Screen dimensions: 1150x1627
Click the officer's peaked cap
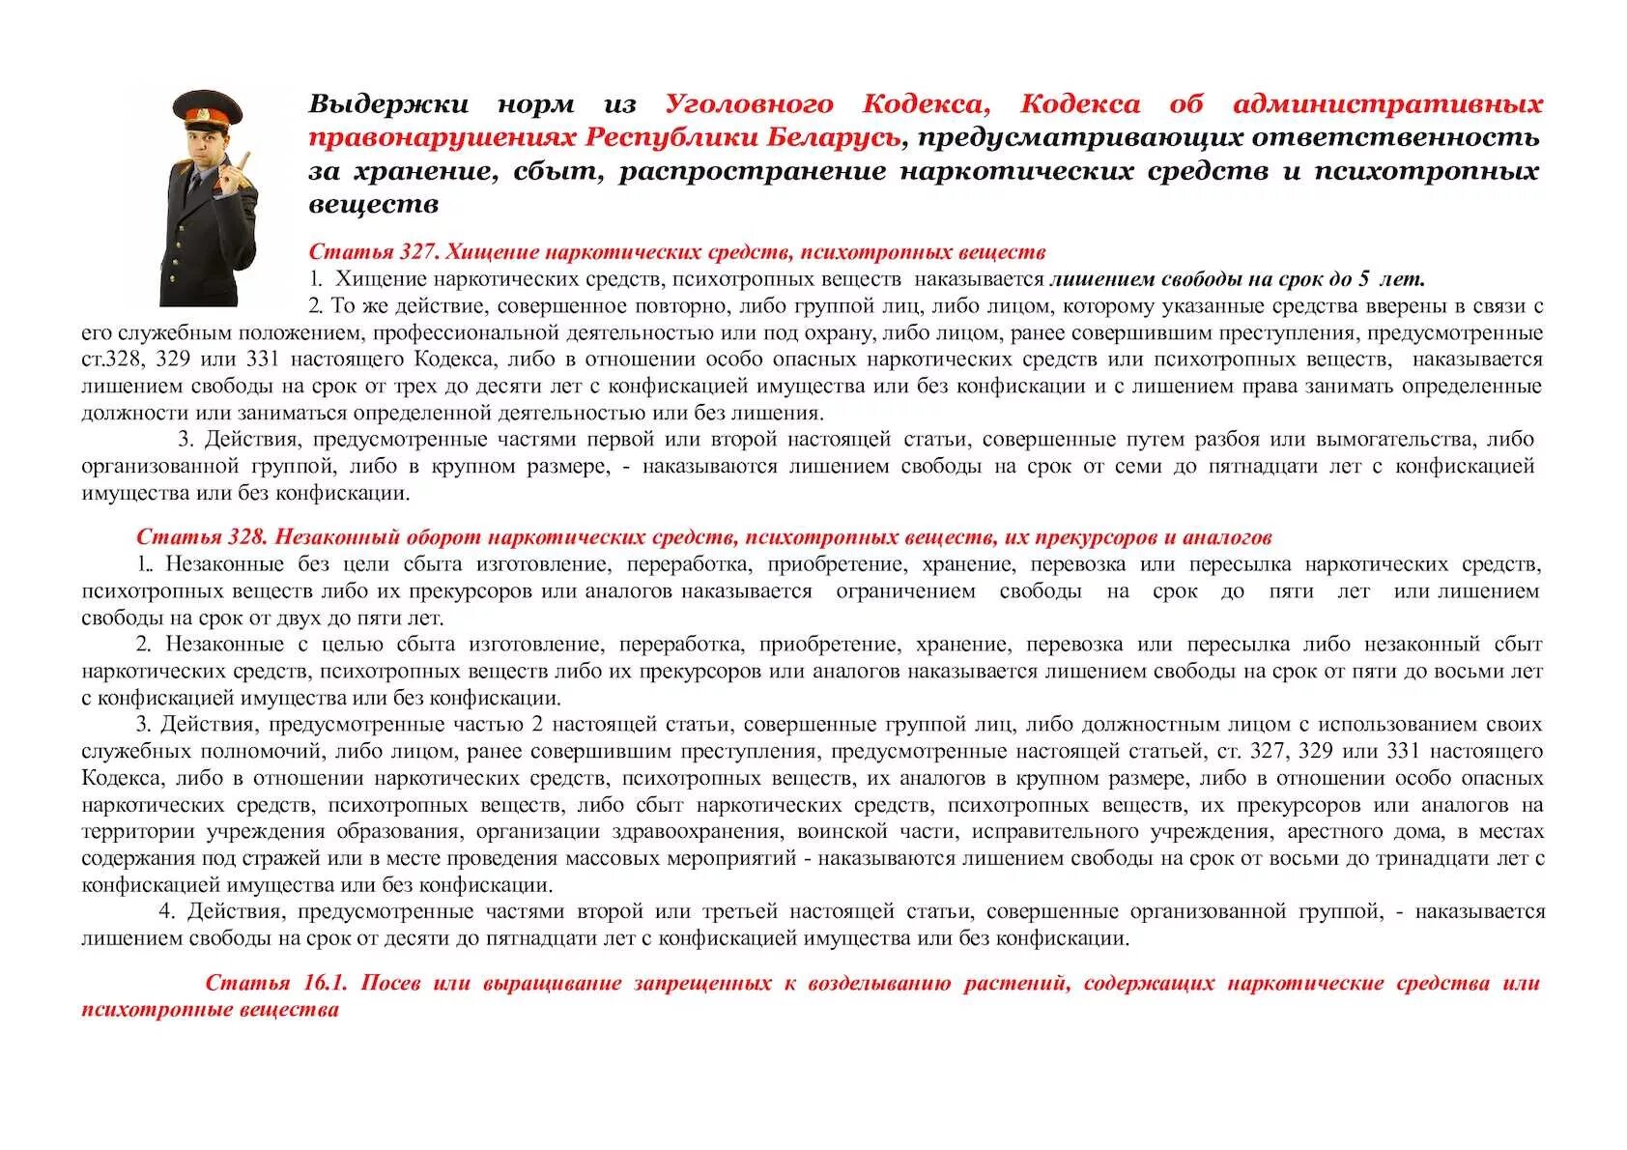(x=207, y=108)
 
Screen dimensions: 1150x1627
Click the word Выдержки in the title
(x=388, y=104)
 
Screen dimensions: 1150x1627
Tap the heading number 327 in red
(x=416, y=252)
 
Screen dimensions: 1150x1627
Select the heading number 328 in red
(x=244, y=537)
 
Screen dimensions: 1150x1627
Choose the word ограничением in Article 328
(x=905, y=591)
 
